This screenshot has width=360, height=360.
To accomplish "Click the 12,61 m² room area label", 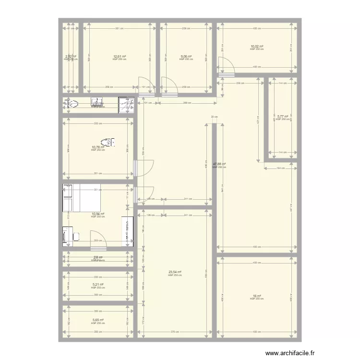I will (x=120, y=57).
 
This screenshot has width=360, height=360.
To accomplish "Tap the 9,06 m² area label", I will (x=186, y=57).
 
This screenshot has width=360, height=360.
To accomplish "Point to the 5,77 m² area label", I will (x=282, y=116).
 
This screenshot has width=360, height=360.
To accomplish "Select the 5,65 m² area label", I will (x=97, y=320).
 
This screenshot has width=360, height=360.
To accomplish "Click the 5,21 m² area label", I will (x=97, y=284).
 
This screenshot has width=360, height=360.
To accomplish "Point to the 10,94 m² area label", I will (x=97, y=214).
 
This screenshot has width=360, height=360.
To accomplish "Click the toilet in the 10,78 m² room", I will (x=111, y=142).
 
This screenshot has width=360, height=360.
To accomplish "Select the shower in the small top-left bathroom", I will (x=126, y=105).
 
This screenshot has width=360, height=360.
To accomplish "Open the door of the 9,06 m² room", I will (x=168, y=85).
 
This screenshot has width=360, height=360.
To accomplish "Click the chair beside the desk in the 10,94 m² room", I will (x=76, y=235).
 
